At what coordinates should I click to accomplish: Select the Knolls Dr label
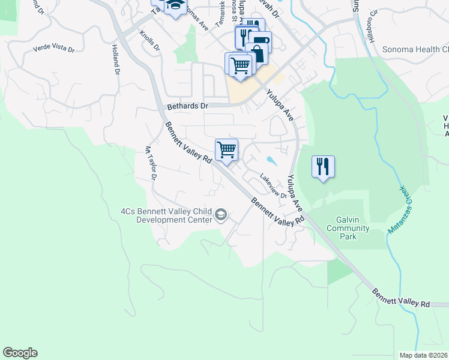[150, 41]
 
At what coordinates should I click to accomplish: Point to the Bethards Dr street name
[187, 106]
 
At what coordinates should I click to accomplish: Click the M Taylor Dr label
[150, 163]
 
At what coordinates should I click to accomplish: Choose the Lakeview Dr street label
[274, 186]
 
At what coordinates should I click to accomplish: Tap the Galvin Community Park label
[348, 228]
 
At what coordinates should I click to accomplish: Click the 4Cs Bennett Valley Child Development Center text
[166, 215]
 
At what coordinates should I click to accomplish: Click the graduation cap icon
[175, 6]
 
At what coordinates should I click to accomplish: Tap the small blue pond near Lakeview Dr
[271, 160]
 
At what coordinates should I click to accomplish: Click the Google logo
[20, 353]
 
